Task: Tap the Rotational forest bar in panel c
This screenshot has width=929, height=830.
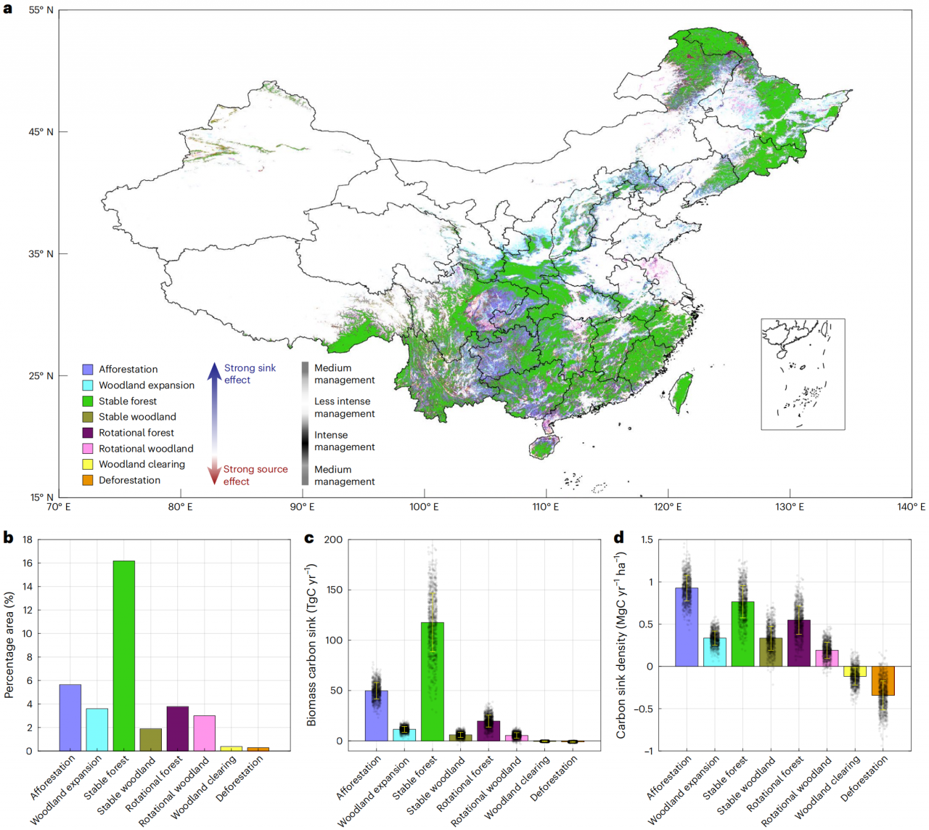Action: (x=488, y=731)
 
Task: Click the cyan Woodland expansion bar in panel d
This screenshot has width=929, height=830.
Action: (x=714, y=652)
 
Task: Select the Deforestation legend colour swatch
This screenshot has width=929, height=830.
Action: (x=88, y=480)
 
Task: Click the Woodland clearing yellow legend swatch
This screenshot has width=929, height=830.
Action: (x=88, y=464)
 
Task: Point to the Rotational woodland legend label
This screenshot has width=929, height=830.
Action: (x=146, y=449)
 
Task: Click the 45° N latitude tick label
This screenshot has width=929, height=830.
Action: (x=41, y=132)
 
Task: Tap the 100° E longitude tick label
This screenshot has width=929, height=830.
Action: (x=424, y=507)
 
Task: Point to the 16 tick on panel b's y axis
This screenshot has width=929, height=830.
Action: (x=27, y=563)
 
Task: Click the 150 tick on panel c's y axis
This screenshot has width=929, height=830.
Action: (x=333, y=590)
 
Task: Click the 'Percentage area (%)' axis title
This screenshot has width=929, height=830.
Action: (x=9, y=645)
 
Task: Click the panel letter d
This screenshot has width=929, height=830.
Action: (x=619, y=538)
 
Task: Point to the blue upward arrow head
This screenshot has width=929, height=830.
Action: (x=214, y=371)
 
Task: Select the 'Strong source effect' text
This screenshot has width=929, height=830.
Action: (x=255, y=475)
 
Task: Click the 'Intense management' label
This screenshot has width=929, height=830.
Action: (x=344, y=441)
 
